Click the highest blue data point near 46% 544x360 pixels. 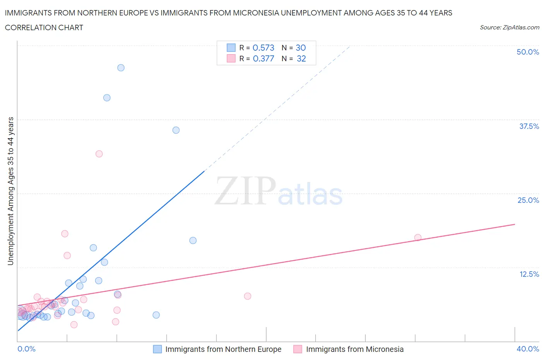click(121, 68)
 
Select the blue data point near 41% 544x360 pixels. click(107, 98)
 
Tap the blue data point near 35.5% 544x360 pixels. click(176, 130)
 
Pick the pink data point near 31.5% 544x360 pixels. click(99, 154)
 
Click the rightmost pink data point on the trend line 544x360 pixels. click(418, 238)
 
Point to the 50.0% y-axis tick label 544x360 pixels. click(528, 52)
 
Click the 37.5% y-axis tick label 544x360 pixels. click(529, 126)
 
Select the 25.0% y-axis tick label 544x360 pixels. click(528, 200)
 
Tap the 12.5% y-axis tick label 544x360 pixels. click(529, 274)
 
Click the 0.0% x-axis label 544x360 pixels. click(26, 349)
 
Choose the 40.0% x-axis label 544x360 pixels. click(528, 349)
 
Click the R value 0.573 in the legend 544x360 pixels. click(263, 48)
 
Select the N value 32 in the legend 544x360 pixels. click(301, 58)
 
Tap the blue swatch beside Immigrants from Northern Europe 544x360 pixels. click(157, 349)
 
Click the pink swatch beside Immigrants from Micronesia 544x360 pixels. click(298, 349)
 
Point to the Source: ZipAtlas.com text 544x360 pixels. click(509, 27)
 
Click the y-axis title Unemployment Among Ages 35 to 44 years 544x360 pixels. click(10, 191)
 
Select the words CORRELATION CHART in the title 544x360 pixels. click(44, 27)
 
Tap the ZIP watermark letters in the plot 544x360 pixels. click(245, 191)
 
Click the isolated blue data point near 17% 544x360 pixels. click(193, 240)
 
